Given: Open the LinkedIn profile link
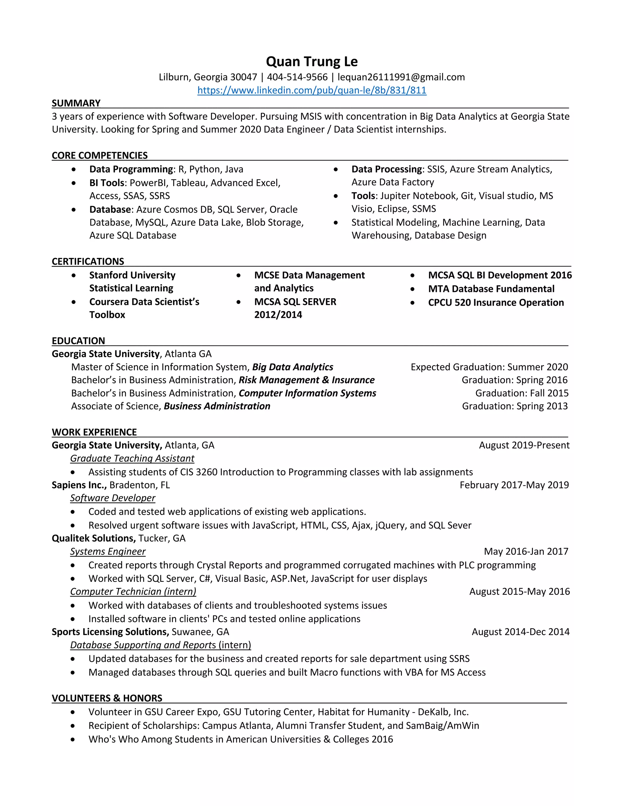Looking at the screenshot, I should click(311, 90).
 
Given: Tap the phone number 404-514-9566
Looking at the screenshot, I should click(297, 77).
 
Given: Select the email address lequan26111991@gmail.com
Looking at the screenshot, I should click(401, 77).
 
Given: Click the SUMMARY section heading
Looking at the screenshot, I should click(76, 103).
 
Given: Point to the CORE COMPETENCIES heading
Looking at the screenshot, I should click(100, 155).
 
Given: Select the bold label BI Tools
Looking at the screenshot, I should click(107, 183).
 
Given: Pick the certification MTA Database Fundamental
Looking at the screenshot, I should click(491, 289).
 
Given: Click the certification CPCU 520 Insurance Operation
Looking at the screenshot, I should click(496, 303).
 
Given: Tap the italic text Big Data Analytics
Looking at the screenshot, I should click(292, 367).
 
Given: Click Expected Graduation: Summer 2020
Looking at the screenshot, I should click(489, 367).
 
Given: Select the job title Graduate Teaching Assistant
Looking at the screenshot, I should click(132, 458).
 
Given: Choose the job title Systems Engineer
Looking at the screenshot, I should click(108, 551).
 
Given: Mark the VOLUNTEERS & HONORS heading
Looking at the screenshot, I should click(107, 698).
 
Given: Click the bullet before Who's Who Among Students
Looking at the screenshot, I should click(73, 740).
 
